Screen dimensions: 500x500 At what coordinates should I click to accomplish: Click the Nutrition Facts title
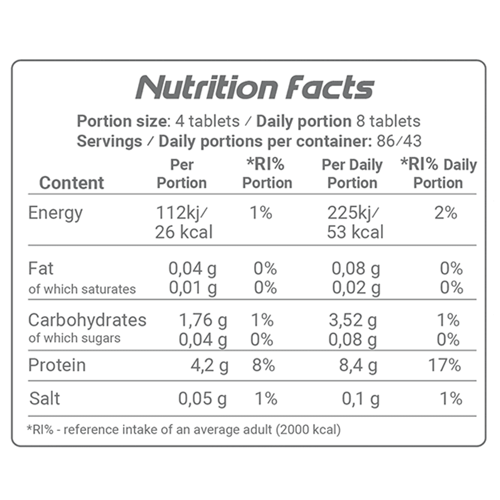tap(255, 88)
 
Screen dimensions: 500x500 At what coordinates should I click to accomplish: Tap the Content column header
tap(71, 183)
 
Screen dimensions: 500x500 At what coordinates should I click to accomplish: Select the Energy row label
tap(55, 213)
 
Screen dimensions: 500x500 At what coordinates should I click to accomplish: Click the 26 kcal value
tap(183, 232)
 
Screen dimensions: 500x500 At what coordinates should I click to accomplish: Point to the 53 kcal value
tap(355, 232)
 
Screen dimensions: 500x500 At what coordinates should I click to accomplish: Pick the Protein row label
tap(57, 365)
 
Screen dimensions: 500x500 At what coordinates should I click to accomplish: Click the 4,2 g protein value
tap(209, 366)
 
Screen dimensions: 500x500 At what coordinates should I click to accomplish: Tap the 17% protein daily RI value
tap(444, 365)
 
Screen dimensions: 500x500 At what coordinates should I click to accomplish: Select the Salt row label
tap(45, 398)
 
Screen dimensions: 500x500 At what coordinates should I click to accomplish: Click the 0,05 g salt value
tap(202, 399)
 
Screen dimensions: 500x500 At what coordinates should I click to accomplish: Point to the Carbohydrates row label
tap(87, 320)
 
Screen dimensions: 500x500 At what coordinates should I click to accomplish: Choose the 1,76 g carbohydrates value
tap(203, 320)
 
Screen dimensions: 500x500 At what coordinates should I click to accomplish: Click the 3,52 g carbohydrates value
tap(352, 320)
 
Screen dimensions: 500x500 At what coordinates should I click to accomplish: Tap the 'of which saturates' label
tap(82, 289)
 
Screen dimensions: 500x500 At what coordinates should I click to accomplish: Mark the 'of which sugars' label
tap(74, 338)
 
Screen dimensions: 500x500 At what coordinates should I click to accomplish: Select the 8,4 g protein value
tap(358, 366)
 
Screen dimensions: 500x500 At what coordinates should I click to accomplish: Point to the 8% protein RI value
tap(263, 365)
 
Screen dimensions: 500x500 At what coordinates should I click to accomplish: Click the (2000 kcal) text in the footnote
tap(307, 429)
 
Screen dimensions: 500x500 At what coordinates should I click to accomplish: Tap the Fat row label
tap(41, 269)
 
